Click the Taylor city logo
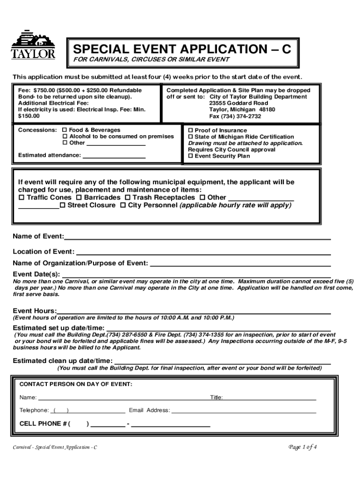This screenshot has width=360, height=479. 33,45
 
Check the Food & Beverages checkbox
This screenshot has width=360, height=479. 65,130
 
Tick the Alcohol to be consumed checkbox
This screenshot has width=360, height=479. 65,137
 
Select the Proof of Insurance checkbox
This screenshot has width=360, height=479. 191,131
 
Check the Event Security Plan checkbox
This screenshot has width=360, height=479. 191,156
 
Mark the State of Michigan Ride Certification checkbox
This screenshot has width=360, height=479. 191,137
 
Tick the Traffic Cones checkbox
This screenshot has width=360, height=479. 21,198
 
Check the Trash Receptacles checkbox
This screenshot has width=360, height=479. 127,198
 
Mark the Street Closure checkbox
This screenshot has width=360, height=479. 63,205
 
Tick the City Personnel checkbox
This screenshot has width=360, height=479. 123,205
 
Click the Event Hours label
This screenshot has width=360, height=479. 35,311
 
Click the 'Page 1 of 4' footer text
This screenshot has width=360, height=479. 303,447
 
